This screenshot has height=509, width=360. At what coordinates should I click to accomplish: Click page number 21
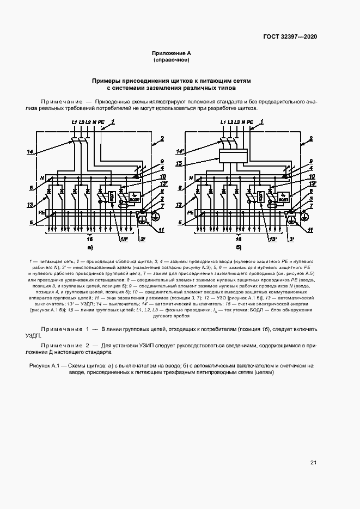[x=313, y=463]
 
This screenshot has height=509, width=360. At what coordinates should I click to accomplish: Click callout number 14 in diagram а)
[x=30, y=151]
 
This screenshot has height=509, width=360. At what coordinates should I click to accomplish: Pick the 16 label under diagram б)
[x=238, y=238]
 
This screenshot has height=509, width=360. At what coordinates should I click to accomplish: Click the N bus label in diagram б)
[x=190, y=177]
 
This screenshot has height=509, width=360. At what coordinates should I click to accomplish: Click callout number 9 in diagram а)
[x=162, y=161]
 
